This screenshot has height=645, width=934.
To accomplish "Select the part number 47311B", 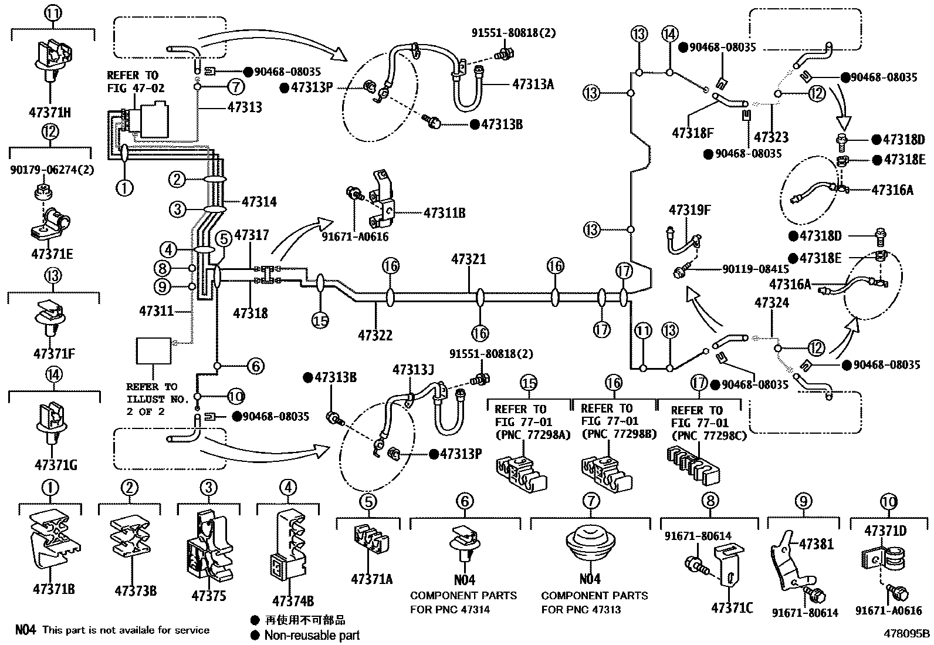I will click(444, 212).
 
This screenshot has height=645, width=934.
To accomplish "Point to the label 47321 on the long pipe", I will click(468, 259).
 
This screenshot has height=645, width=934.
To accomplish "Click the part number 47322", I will click(375, 335).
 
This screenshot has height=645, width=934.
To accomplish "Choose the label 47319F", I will click(690, 210).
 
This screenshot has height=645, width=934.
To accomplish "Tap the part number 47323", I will click(771, 137).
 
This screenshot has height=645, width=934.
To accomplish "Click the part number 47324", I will click(771, 303).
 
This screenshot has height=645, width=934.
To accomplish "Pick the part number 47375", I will click(208, 596).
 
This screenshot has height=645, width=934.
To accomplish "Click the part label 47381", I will click(816, 544).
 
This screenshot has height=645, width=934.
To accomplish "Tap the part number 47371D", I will click(885, 531).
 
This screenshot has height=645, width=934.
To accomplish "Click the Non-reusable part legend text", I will click(312, 634).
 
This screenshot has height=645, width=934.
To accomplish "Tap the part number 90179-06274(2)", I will click(52, 170).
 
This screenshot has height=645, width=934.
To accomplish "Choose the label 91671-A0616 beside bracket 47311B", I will click(355, 237).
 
